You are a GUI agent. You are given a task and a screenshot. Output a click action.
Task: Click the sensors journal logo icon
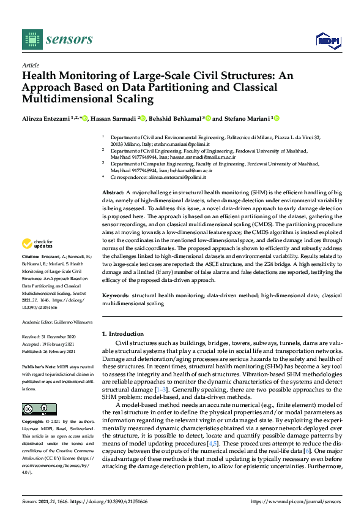(x=29, y=39)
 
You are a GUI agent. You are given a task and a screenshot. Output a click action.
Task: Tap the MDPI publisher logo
(x=327, y=40)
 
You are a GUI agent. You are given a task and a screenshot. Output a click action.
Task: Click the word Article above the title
(x=30, y=66)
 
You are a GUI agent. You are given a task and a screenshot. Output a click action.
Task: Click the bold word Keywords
(x=116, y=295)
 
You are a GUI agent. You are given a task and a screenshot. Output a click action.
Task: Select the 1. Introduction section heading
(x=122, y=334)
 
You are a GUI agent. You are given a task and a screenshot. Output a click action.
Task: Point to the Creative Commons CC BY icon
(x=39, y=409)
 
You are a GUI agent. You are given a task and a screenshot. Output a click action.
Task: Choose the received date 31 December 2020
(x=62, y=336)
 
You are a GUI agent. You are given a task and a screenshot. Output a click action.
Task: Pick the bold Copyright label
(x=33, y=422)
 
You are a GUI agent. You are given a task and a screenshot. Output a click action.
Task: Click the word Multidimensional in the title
(x=62, y=99)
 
